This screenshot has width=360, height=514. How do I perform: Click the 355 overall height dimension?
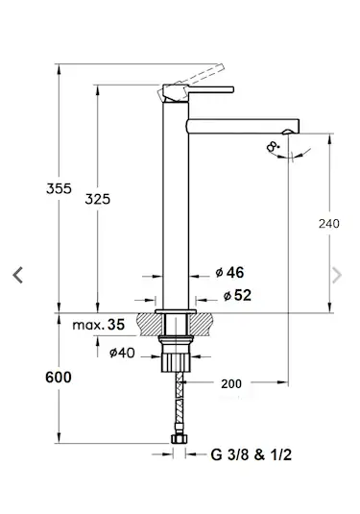click(x=59, y=188)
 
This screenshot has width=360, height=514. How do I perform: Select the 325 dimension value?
click(x=98, y=199)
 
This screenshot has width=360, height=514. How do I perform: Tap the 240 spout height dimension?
click(x=329, y=224)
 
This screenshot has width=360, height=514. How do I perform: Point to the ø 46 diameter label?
click(x=229, y=273)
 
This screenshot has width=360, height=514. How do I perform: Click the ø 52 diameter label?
click(x=237, y=295)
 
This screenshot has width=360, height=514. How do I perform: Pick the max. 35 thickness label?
click(x=99, y=325)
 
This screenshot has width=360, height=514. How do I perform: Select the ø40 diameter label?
click(x=122, y=353)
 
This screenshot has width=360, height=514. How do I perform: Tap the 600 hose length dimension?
click(x=59, y=378)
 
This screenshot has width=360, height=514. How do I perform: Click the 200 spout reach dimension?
click(x=231, y=384)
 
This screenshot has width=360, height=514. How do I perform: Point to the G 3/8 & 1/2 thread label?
click(x=252, y=454)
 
